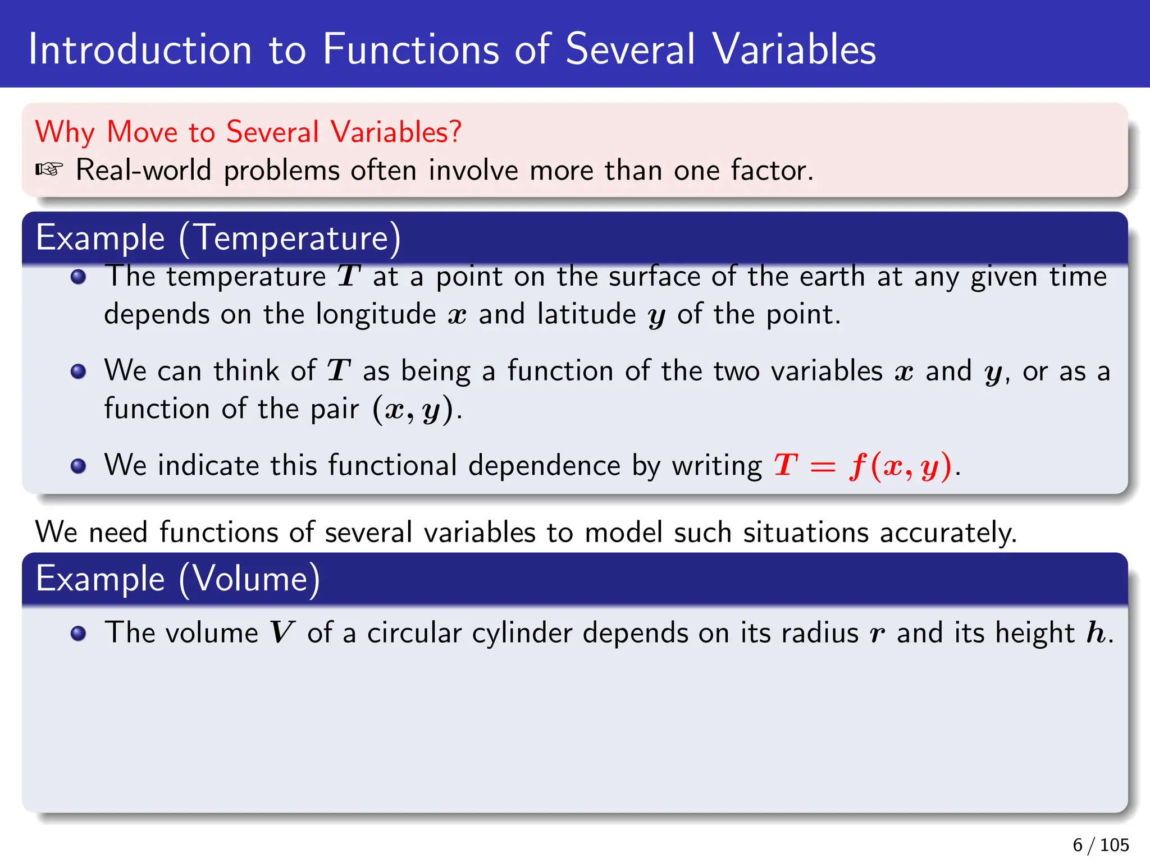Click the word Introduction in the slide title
[140, 49]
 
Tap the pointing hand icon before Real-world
[49, 169]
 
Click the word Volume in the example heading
[249, 579]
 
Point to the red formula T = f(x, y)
[863, 466]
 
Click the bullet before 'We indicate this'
[79, 466]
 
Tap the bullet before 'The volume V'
[79, 634]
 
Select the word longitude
[376, 314]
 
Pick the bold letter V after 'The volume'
[281, 633]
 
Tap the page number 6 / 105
[1101, 845]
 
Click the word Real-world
[143, 170]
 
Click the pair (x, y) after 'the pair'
[413, 410]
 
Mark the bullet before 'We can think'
[79, 372]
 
